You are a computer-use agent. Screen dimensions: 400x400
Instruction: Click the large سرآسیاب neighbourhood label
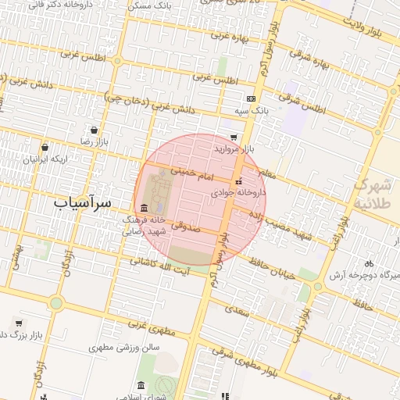point(83,202)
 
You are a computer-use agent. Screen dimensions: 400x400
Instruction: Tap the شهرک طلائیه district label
point(376,194)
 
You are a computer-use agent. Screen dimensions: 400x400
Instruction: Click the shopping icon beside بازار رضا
point(95,130)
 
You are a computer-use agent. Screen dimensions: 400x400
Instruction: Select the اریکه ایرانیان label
point(45,159)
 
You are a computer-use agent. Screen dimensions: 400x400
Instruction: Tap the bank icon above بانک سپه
point(250,99)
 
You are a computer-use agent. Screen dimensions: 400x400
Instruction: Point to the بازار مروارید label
point(234,148)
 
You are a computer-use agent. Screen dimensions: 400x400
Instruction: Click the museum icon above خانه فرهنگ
point(144,208)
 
